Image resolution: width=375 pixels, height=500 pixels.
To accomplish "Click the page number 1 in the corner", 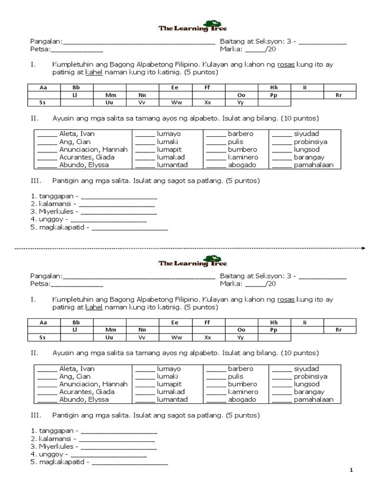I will click(351, 470).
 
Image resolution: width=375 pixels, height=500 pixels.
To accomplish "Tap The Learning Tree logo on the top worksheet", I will click(192, 27).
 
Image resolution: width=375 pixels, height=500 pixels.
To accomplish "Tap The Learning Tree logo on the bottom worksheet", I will click(192, 262).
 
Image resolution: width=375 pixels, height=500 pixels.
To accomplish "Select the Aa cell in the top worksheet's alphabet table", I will click(43, 88).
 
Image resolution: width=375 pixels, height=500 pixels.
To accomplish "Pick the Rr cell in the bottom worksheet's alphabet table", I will click(339, 330).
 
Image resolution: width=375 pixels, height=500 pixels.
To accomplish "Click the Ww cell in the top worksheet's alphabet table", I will click(175, 103).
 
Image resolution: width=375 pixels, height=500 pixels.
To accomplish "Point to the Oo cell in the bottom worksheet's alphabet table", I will click(241, 330).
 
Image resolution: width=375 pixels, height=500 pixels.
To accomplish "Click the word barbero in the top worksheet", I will click(241, 134).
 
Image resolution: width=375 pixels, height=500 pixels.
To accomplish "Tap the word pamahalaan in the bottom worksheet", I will click(313, 399).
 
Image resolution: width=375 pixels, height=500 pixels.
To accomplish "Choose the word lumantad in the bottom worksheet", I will click(172, 399).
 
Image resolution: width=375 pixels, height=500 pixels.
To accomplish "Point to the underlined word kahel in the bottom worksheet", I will click(94, 308).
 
